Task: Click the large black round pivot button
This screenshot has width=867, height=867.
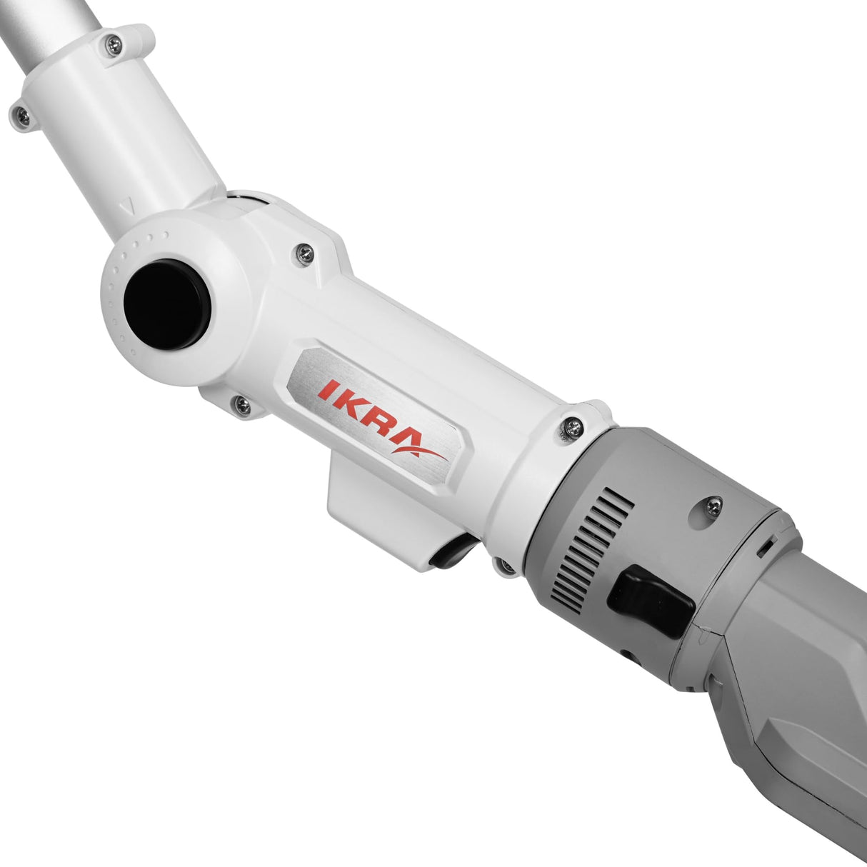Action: pos(166,304)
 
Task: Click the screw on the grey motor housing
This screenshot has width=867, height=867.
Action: pos(713,505)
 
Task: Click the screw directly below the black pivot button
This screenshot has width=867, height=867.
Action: pos(242,406)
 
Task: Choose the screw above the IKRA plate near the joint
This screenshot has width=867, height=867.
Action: pos(305,252)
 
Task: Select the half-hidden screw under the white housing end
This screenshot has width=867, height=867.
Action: pos(504,566)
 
